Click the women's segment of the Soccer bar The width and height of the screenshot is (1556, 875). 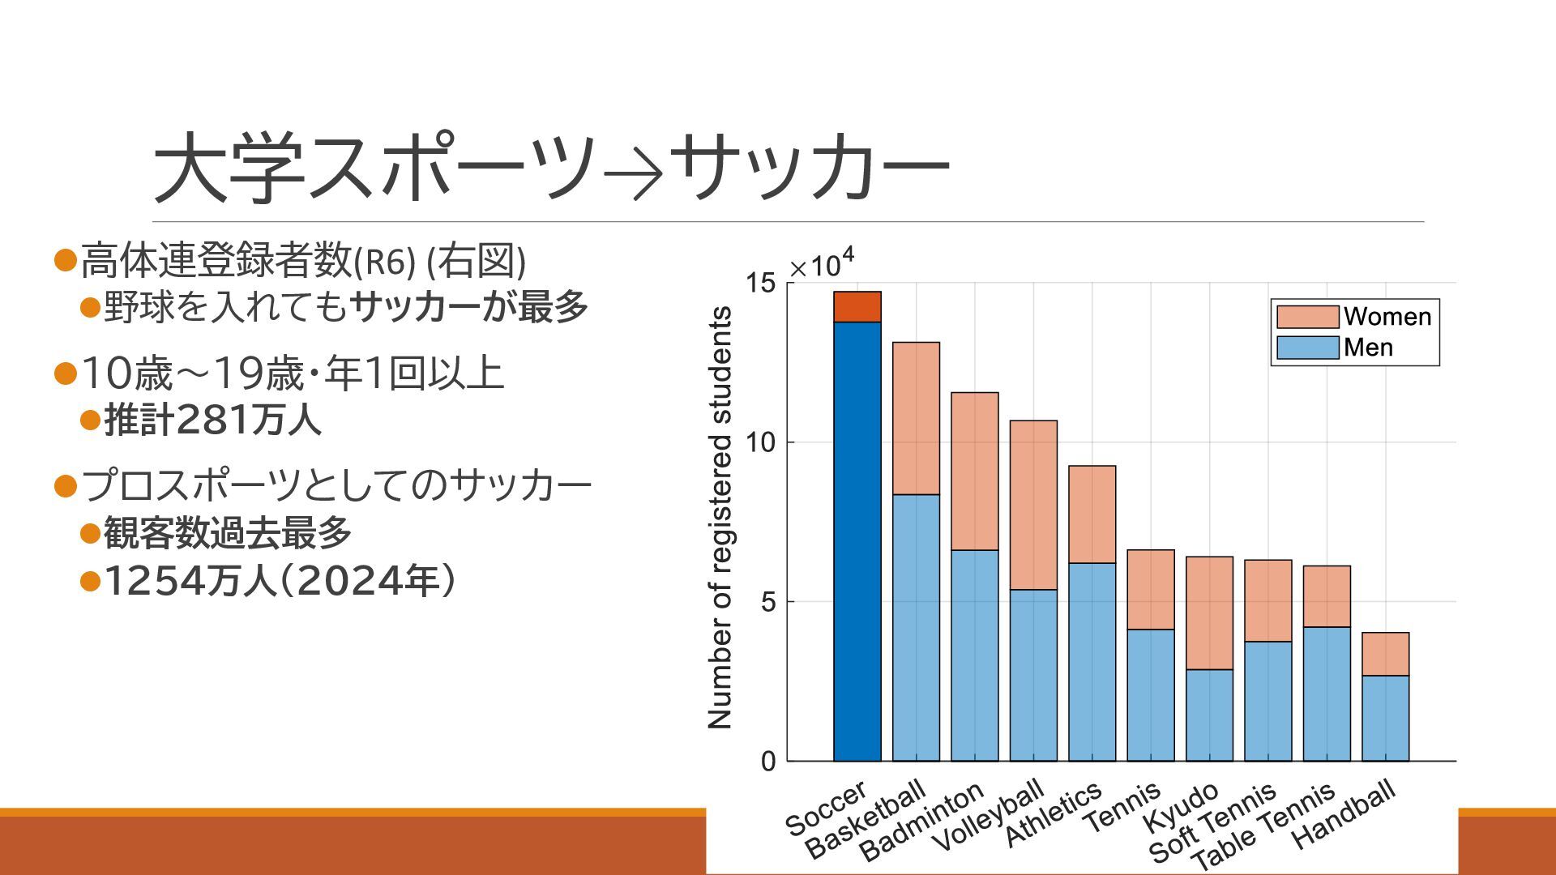tap(857, 307)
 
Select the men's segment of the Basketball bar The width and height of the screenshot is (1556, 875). tap(916, 628)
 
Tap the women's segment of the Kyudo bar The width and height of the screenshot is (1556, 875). tap(1209, 613)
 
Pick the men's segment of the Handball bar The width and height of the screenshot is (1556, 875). tap(1385, 719)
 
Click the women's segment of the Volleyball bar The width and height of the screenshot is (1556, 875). tap(1033, 505)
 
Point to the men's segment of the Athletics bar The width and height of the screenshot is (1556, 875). tap(1092, 662)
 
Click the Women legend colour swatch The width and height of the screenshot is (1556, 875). tap(1306, 317)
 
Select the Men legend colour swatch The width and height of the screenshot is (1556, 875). tap(1306, 348)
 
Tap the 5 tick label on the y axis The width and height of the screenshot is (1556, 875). tap(767, 602)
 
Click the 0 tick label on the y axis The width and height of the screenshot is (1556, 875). tap(767, 762)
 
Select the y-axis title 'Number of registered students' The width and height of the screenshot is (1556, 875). tap(720, 519)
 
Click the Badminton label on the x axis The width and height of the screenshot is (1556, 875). tap(921, 822)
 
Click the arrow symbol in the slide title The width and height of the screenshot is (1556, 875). tap(634, 173)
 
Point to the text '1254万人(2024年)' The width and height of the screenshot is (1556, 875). tap(280, 581)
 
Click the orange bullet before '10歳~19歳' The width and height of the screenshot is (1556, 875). tap(64, 373)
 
